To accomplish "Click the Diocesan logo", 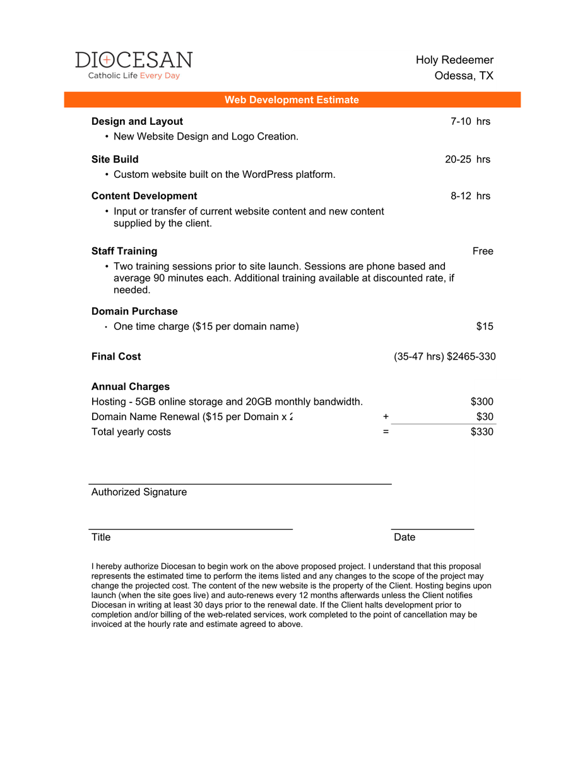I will [x=134, y=65].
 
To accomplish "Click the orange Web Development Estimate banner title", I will [x=292, y=100].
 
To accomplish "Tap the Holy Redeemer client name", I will [x=454, y=60].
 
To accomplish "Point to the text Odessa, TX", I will [x=464, y=76].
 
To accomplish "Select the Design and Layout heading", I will [x=137, y=121].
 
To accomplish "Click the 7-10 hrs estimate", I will [x=470, y=121].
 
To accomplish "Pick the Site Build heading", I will [x=115, y=159].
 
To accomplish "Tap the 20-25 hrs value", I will [x=468, y=159].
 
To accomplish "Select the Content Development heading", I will [x=144, y=196].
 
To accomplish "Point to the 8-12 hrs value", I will [x=470, y=196].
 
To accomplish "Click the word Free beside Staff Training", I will [x=483, y=251].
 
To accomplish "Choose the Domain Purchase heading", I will [x=134, y=311].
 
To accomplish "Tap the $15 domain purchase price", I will [x=485, y=326].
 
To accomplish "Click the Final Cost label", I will [x=116, y=356].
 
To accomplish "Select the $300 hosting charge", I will [x=482, y=402].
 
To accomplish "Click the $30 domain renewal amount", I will [x=485, y=416].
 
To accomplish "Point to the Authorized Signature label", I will [x=139, y=492].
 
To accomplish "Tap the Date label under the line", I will [x=405, y=537].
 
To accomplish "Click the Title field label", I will [x=101, y=537].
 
